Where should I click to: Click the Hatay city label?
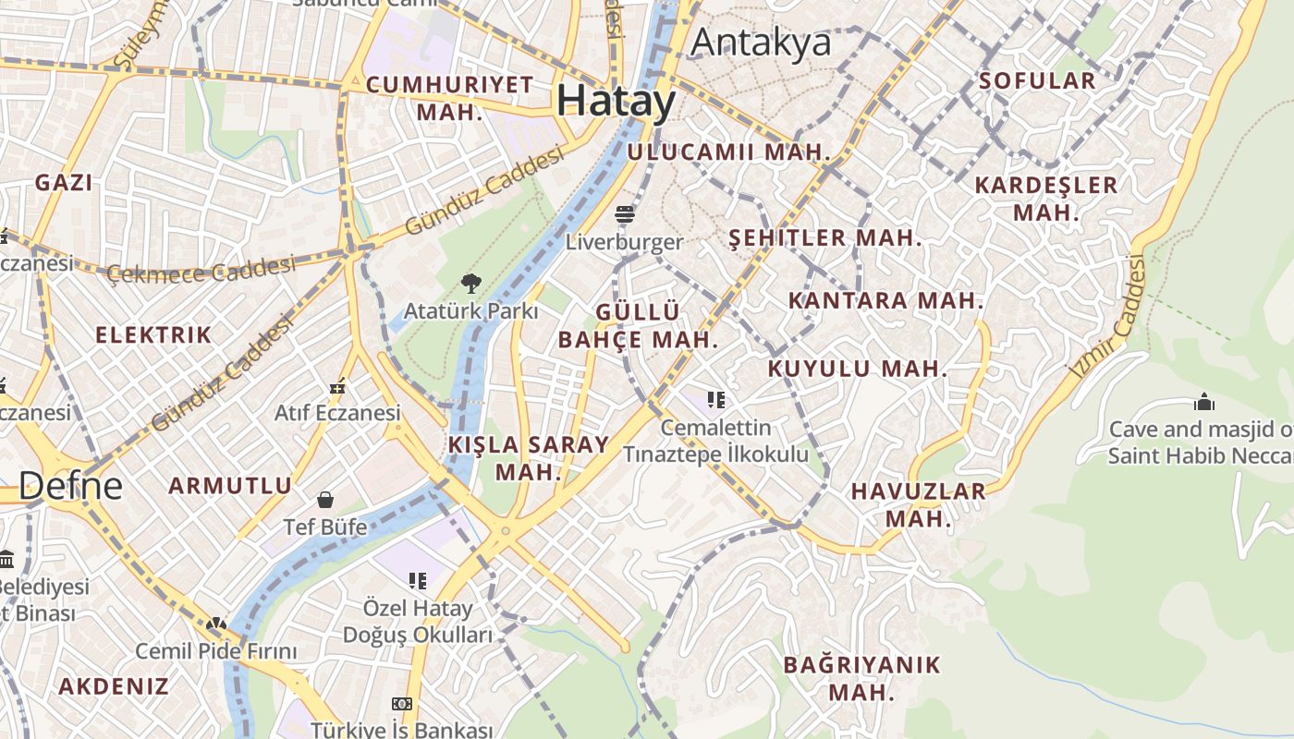click(x=616, y=100)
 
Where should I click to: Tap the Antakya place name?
click(x=761, y=42)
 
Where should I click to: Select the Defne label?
click(x=70, y=486)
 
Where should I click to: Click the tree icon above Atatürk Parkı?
click(x=470, y=283)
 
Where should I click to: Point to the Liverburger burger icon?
click(x=625, y=215)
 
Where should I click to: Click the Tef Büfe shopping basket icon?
click(x=325, y=500)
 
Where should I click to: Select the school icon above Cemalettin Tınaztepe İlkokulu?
click(x=715, y=400)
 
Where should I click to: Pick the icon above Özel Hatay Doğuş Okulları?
click(x=418, y=580)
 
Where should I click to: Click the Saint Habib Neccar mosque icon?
click(x=1203, y=402)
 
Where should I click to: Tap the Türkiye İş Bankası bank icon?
click(x=401, y=704)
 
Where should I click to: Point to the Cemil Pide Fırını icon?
click(x=216, y=624)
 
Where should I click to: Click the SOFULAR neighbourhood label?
click(x=1037, y=80)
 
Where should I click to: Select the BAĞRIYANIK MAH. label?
click(x=861, y=678)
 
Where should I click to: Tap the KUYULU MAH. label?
click(x=858, y=369)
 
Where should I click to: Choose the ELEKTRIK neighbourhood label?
click(x=153, y=334)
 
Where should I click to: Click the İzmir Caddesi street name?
click(x=1109, y=317)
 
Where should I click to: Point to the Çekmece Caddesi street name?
click(x=201, y=271)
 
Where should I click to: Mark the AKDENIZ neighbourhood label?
click(x=114, y=685)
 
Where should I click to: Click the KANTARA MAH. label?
click(x=885, y=300)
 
